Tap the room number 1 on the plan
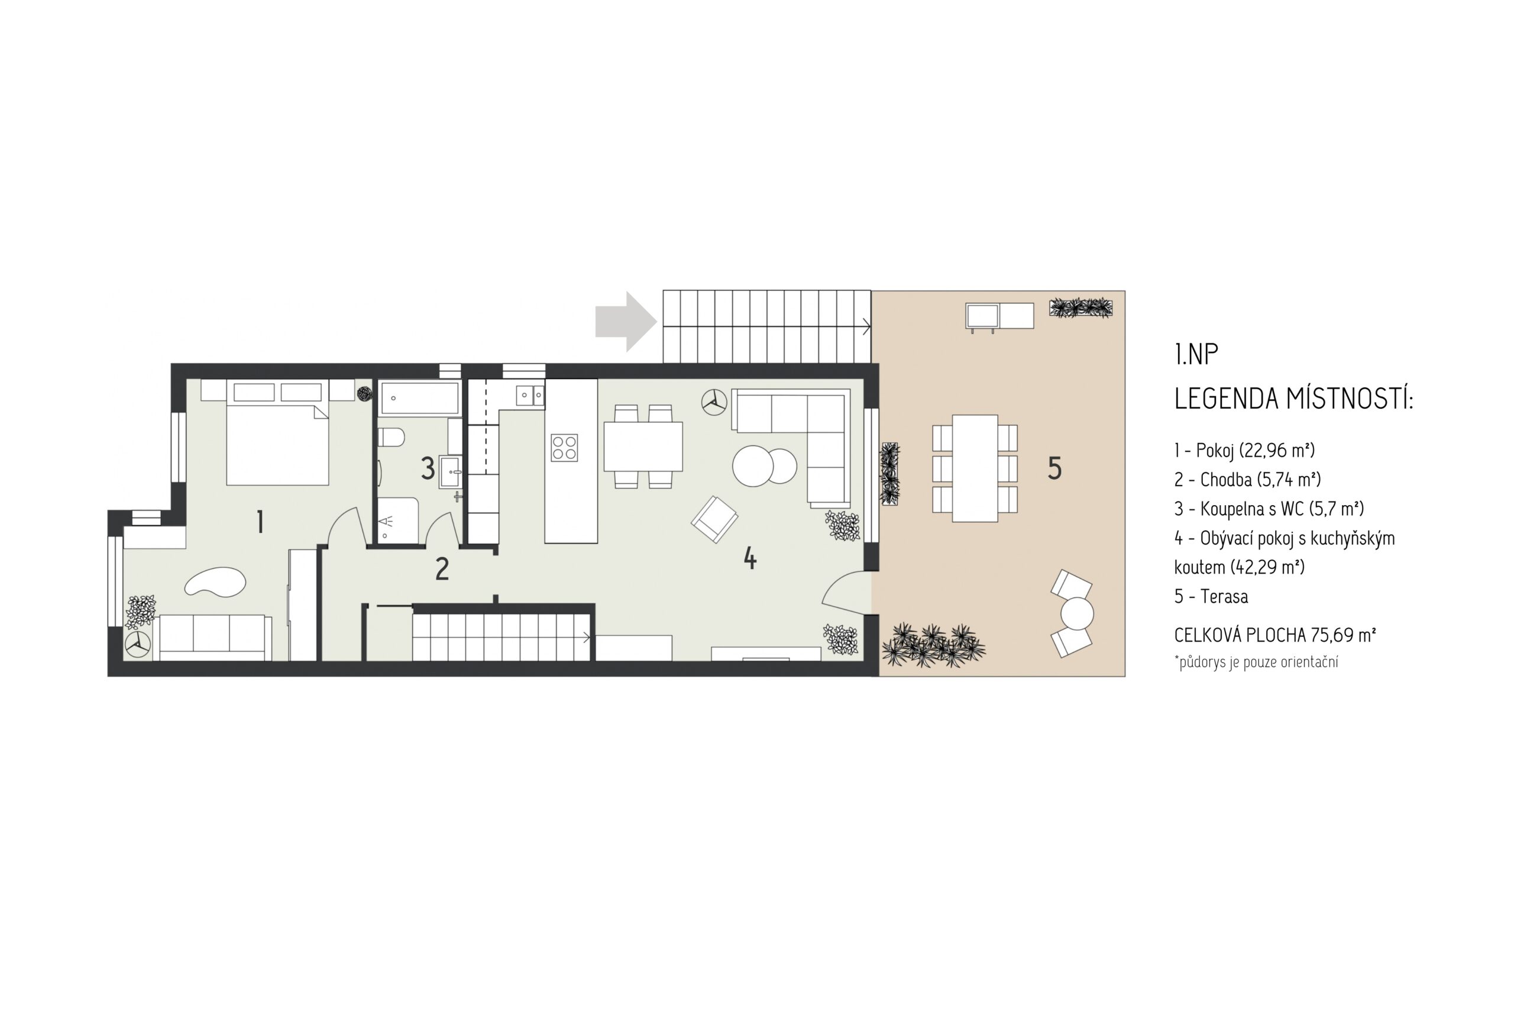[x=260, y=521]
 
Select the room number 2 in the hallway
[x=441, y=569]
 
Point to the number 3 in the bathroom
[x=427, y=468]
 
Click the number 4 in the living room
[x=749, y=558]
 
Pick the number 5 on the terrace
[x=1054, y=468]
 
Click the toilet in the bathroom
[x=390, y=438]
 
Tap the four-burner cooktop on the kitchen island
[x=564, y=448]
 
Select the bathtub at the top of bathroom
[x=419, y=397]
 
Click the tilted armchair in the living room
[x=714, y=519]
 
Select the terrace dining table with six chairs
[x=975, y=468]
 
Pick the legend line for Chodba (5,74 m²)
[x=1247, y=480]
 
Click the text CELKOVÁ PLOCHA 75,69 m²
[x=1274, y=635]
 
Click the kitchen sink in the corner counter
[x=529, y=395]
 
